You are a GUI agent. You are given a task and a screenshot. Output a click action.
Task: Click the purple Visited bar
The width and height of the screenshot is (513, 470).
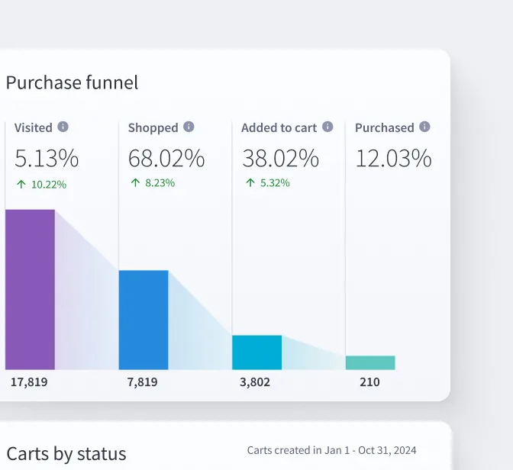[30, 289]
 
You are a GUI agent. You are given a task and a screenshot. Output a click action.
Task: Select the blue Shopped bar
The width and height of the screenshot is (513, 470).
[144, 320]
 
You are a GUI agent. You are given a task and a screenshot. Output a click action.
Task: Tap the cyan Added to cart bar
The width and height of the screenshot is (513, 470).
[256, 352]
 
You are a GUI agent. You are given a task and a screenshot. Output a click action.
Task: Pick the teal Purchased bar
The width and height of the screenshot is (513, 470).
[370, 362]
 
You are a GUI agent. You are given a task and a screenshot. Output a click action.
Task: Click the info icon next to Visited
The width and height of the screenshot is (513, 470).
[63, 127]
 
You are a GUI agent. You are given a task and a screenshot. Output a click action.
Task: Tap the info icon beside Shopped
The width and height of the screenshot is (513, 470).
[189, 127]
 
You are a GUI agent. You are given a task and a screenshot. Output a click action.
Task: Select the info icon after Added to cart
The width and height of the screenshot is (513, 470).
[327, 127]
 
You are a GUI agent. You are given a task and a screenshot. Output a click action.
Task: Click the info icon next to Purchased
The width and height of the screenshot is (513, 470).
[424, 127]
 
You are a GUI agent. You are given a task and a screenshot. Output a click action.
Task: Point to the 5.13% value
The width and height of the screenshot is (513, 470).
[47, 159]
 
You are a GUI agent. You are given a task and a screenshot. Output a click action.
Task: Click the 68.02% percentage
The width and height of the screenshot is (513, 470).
[166, 159]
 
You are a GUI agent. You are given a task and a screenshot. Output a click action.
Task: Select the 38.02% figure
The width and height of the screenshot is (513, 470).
[280, 159]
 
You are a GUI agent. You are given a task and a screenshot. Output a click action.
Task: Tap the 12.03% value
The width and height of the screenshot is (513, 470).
[393, 159]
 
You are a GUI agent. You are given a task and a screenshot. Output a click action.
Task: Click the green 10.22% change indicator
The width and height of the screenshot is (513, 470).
[41, 184]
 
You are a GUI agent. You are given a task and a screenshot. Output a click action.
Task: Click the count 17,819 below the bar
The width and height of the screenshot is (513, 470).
[29, 381]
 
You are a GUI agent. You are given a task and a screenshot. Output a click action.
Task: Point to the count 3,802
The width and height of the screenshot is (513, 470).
[255, 381]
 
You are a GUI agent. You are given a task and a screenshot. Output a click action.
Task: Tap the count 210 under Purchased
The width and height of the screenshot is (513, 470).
[369, 381]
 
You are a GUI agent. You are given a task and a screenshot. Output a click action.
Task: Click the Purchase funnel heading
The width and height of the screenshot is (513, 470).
[73, 82]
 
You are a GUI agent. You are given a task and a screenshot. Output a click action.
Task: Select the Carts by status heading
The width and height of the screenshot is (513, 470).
[66, 454]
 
